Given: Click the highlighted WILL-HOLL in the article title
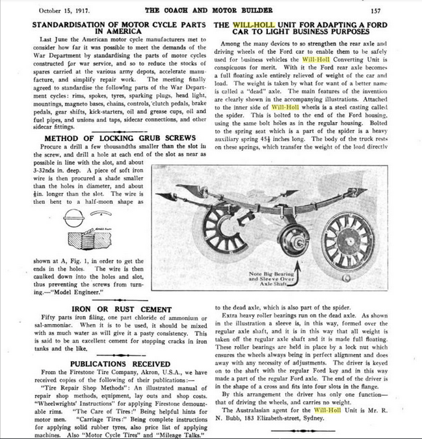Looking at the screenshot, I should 259,24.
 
